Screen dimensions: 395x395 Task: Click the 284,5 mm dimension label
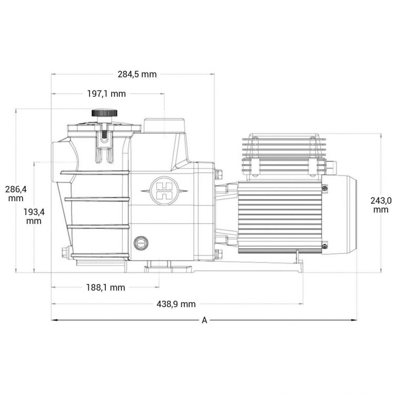click(x=137, y=74)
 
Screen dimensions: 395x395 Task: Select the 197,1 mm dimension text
click(x=106, y=94)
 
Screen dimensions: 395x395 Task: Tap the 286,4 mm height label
click(x=16, y=193)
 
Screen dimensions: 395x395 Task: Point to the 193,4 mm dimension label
click(x=34, y=216)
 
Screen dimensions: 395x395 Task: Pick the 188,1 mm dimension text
click(x=106, y=287)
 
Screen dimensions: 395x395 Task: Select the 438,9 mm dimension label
click(x=176, y=304)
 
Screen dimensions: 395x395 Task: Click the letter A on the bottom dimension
click(x=204, y=320)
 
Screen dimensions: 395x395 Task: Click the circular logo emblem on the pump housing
click(x=163, y=190)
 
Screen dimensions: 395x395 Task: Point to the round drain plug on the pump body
click(x=141, y=243)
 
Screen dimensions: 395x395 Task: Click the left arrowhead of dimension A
click(x=54, y=320)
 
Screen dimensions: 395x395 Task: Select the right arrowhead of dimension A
click(x=354, y=320)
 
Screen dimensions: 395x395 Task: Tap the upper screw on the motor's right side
click(x=325, y=188)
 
